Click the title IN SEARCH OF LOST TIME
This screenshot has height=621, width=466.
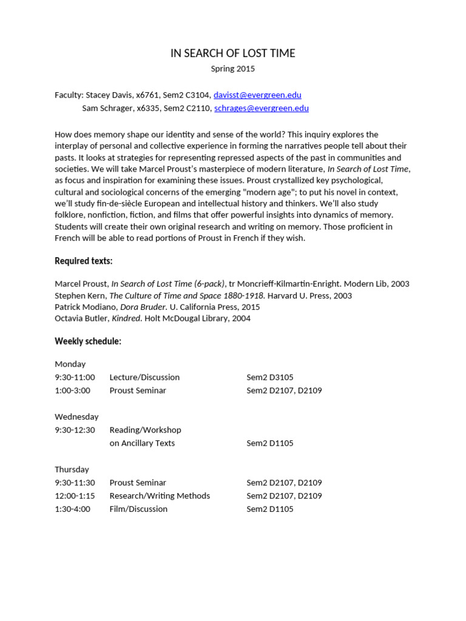tap(232, 53)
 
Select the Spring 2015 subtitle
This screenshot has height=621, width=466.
tap(232, 69)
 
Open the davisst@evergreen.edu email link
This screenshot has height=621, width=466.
tap(257, 95)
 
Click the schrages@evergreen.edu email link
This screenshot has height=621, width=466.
tap(261, 109)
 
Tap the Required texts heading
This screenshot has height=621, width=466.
tap(84, 261)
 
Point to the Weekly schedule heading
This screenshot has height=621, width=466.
tap(88, 341)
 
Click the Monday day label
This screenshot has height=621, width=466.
tap(70, 364)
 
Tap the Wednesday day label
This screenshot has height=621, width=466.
tap(76, 417)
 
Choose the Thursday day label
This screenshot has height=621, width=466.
tap(72, 469)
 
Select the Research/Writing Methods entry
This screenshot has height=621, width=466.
tap(160, 496)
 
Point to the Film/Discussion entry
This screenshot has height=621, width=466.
tap(138, 509)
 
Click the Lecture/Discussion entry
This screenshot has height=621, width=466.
tap(144, 377)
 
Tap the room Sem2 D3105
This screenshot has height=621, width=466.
tap(270, 377)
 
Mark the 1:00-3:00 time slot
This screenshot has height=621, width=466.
tap(72, 391)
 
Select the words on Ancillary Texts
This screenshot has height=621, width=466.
tap(142, 443)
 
